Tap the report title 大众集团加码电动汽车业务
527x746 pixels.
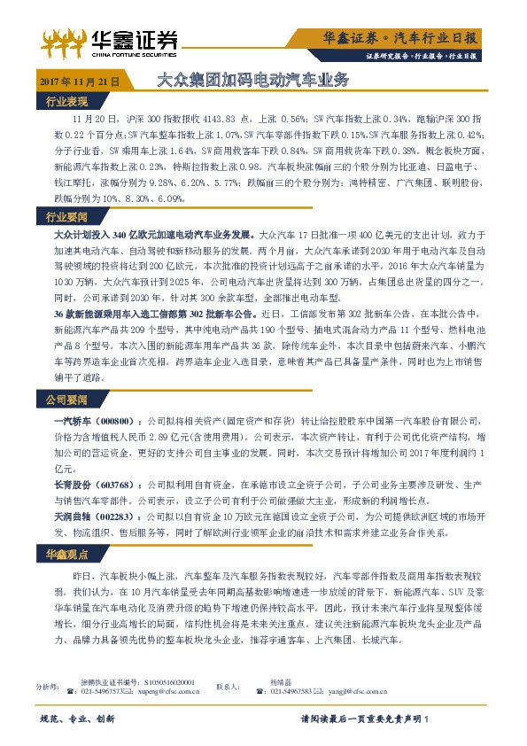click(x=252, y=79)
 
